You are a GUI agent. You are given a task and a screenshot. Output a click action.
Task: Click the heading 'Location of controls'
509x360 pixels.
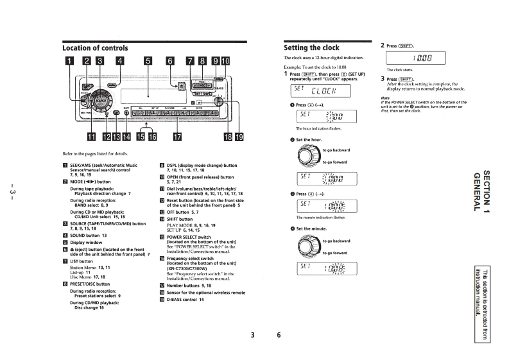point(95,47)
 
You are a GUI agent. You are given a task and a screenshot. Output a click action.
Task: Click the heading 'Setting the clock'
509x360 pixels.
point(311,47)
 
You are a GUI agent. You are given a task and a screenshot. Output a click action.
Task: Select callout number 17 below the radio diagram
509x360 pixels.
point(176,136)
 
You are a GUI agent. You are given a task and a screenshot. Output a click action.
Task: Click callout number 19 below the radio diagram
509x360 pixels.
point(239,136)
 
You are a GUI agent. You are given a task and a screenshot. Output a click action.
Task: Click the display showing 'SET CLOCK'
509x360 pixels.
point(328,90)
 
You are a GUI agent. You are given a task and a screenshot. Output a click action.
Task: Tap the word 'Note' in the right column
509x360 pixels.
point(386,98)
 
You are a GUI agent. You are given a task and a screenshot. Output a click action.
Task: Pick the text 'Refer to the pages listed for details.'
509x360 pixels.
point(96,153)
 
